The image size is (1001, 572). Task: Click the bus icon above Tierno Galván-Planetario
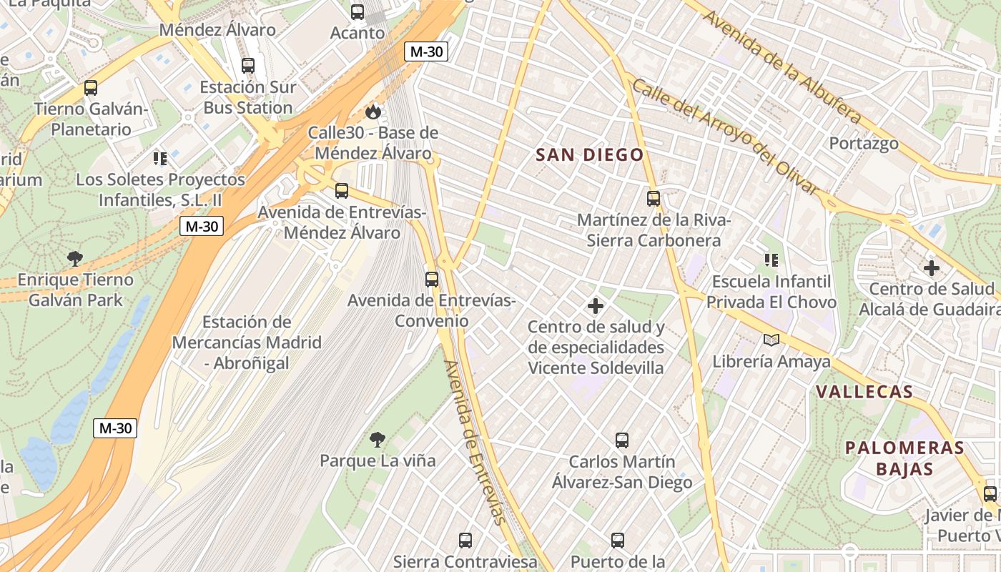(91, 88)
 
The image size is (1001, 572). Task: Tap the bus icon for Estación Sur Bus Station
(248, 66)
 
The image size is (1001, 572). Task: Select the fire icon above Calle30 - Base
(373, 112)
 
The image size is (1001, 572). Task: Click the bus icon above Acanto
(357, 12)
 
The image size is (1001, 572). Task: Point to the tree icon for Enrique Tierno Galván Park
(75, 258)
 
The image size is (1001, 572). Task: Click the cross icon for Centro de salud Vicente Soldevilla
(595, 307)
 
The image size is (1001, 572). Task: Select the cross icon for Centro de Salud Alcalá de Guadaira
(931, 269)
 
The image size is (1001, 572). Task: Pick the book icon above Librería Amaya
(771, 340)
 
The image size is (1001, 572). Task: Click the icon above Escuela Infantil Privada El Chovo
(771, 260)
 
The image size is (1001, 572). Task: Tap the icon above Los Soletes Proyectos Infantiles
(159, 158)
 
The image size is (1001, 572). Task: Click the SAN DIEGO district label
(590, 155)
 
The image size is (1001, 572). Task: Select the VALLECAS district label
(864, 392)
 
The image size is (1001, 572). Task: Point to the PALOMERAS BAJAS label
(904, 458)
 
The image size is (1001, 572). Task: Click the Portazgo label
(864, 143)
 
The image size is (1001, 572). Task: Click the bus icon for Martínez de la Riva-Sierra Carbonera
(654, 199)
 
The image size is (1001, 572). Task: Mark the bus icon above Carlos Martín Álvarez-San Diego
(622, 440)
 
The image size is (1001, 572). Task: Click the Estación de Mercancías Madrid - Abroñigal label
(247, 342)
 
